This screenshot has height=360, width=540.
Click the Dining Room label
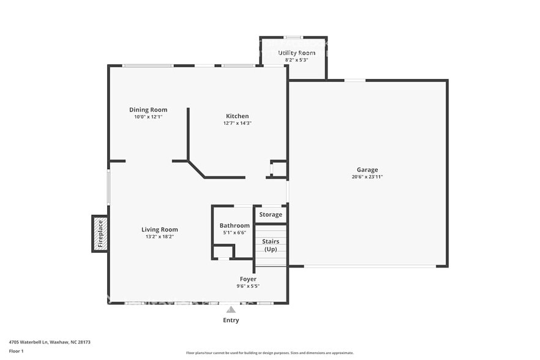[x=148, y=110]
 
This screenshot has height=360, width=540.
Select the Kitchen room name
[x=238, y=116]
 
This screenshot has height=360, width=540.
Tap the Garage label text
[x=367, y=170]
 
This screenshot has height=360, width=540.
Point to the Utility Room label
[x=297, y=53]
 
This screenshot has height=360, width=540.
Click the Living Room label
[x=160, y=230]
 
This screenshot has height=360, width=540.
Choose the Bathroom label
[x=234, y=225]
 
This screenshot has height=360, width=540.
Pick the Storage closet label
[x=271, y=214]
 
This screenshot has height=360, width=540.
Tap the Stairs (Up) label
[x=271, y=245]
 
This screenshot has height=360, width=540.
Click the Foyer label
[x=248, y=279]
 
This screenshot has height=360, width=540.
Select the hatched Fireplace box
[x=100, y=234]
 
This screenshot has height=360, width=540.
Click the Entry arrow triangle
[x=231, y=310]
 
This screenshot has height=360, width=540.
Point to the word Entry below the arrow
[x=231, y=320]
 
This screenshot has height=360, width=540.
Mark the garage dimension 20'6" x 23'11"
[x=367, y=177]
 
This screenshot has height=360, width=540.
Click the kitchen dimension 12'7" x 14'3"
[x=238, y=123]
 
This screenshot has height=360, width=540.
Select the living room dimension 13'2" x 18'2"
[x=160, y=236]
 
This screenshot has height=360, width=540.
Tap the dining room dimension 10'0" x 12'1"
[x=148, y=117]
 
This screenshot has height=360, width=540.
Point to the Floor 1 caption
[x=17, y=351]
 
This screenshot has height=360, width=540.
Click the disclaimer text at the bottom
[x=269, y=353]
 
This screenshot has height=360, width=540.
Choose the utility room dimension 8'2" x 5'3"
[x=297, y=60]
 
